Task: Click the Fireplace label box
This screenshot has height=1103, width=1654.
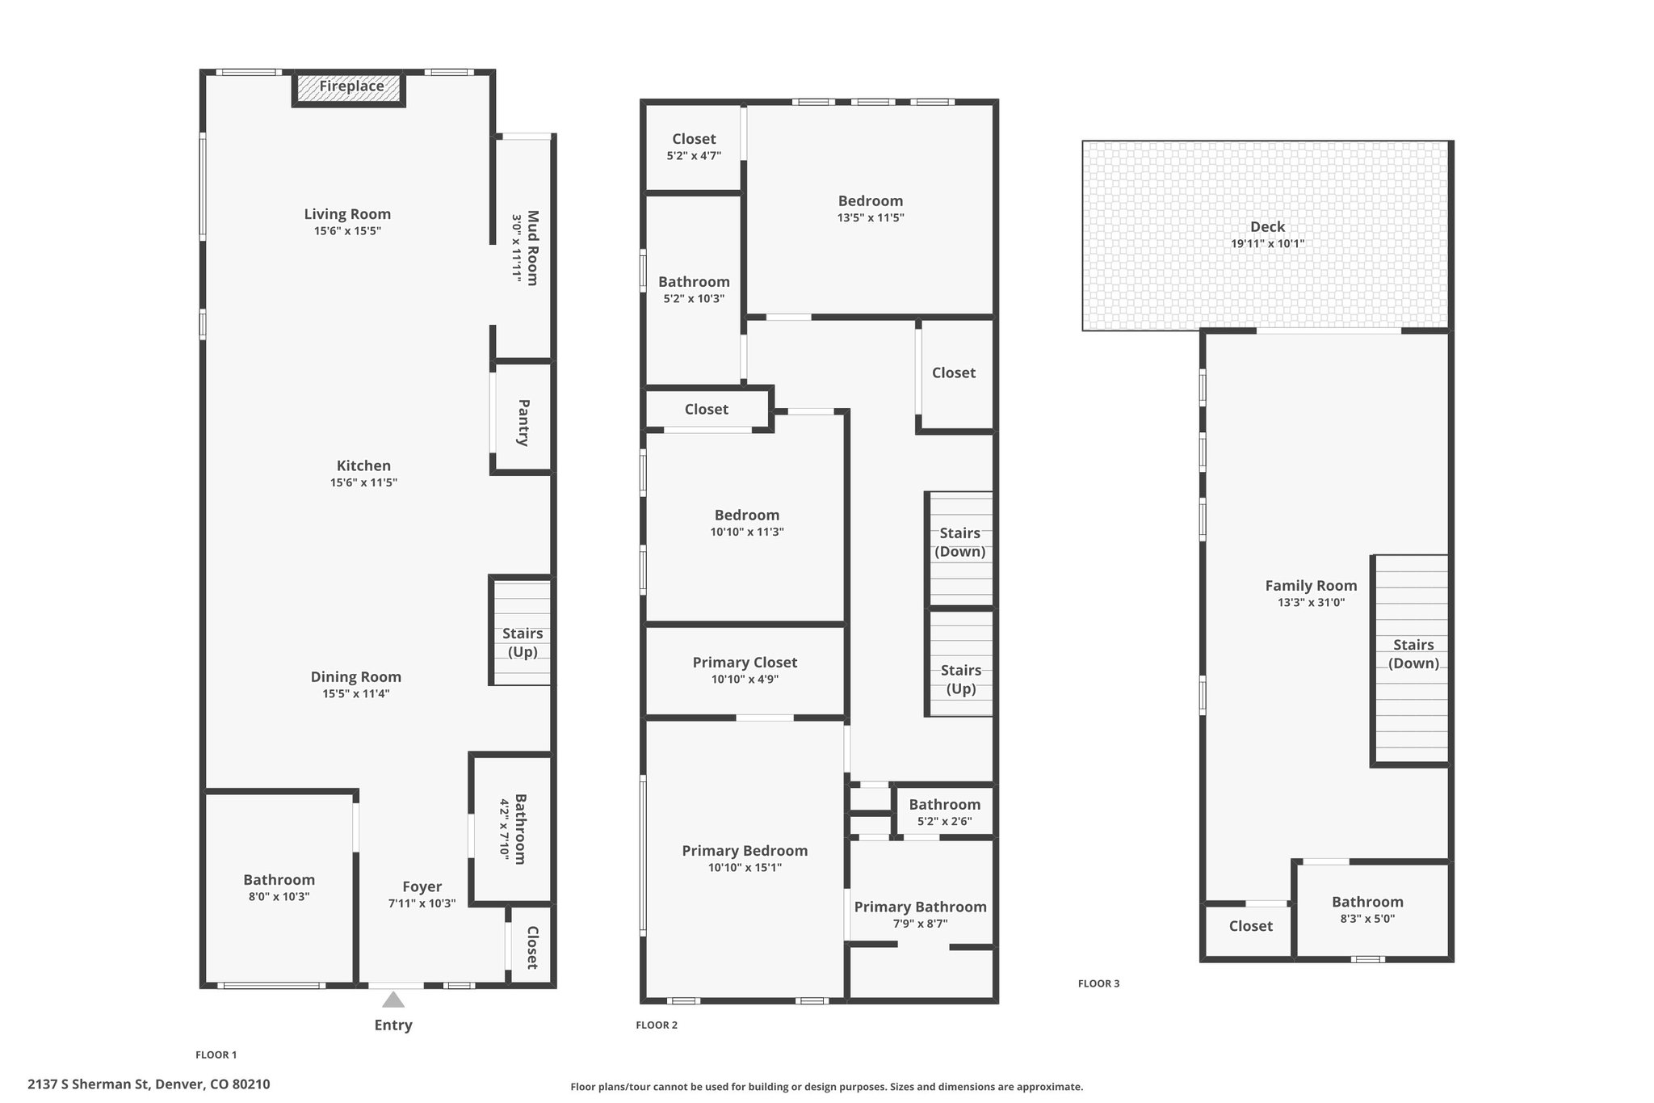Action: (350, 87)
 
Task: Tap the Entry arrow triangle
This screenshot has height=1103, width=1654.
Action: (393, 1000)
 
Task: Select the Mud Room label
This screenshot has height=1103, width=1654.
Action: (532, 247)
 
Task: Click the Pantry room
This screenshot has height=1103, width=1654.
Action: (523, 422)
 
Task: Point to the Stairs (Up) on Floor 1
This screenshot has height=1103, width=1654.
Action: (523, 642)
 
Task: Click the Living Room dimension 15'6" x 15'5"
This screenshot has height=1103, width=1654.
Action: (347, 231)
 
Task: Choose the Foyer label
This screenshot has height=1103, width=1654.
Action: (422, 886)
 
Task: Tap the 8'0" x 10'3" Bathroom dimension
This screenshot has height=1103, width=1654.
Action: (279, 897)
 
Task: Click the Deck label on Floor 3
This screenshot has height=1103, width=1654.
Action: (1267, 227)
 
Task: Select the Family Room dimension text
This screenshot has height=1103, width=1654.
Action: (1311, 603)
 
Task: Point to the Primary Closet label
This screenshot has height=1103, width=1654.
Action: (745, 663)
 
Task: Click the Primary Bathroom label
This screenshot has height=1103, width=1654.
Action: (920, 907)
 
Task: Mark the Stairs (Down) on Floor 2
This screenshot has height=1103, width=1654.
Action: (959, 542)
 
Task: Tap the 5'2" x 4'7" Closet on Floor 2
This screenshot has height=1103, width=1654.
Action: (694, 147)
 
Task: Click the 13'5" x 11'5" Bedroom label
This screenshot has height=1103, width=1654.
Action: (870, 201)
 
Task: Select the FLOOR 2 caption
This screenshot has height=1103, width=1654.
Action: (657, 1025)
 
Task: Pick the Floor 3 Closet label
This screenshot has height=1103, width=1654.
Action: (1250, 926)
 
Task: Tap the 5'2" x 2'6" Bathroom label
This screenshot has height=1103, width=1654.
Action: (944, 805)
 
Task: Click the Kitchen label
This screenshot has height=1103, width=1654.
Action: (363, 465)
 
